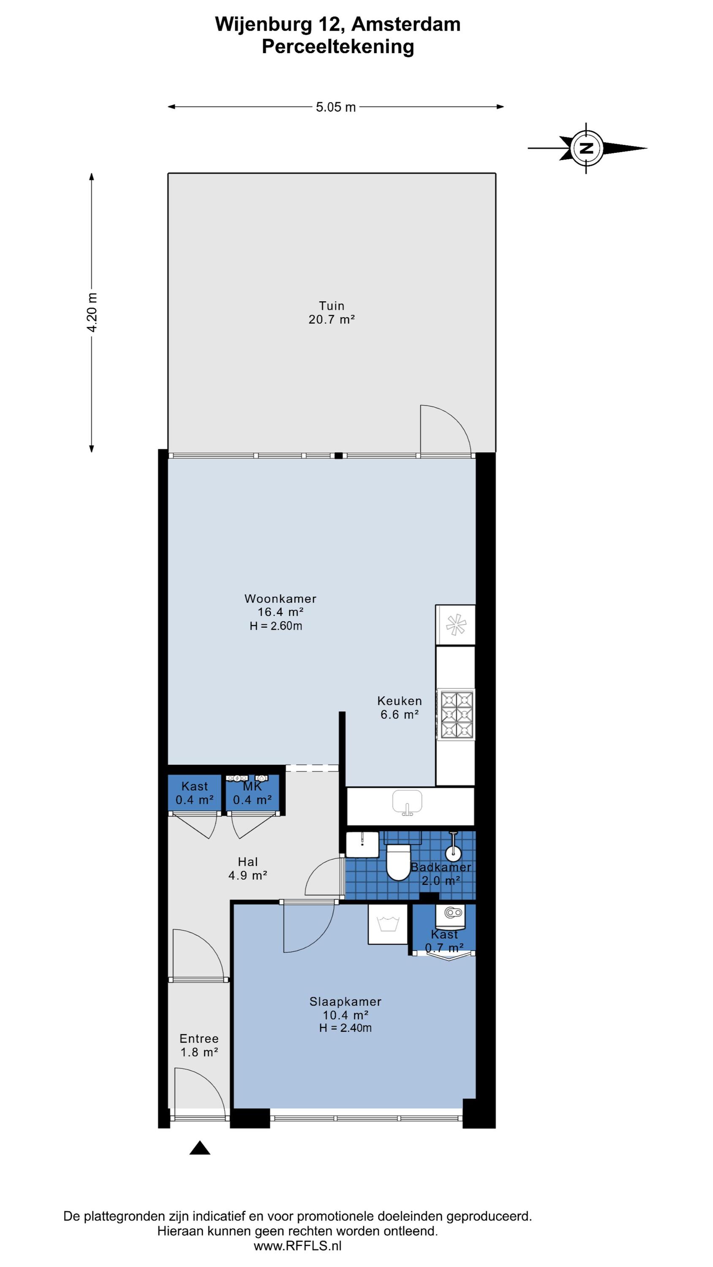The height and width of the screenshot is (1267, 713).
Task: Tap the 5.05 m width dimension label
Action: pyautogui.click(x=335, y=107)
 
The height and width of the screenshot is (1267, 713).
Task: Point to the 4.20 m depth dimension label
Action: pyautogui.click(x=92, y=313)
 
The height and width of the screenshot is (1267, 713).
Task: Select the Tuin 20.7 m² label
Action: pyautogui.click(x=332, y=313)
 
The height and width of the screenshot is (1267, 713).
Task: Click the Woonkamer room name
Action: pyautogui.click(x=280, y=598)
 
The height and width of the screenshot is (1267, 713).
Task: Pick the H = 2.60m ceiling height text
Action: pyautogui.click(x=276, y=625)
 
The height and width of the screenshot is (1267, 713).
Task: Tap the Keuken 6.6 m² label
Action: pyautogui.click(x=400, y=707)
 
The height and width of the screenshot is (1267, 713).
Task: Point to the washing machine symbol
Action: pyautogui.click(x=388, y=924)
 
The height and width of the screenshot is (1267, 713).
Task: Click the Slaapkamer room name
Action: pyautogui.click(x=346, y=1001)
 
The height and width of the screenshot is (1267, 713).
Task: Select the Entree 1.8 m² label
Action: pyautogui.click(x=199, y=1045)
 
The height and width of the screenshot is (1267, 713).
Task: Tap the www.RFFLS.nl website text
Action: pyautogui.click(x=298, y=1246)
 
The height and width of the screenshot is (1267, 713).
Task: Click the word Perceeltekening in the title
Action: pyautogui.click(x=338, y=47)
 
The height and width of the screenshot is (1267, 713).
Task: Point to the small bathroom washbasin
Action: pyautogui.click(x=362, y=845)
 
